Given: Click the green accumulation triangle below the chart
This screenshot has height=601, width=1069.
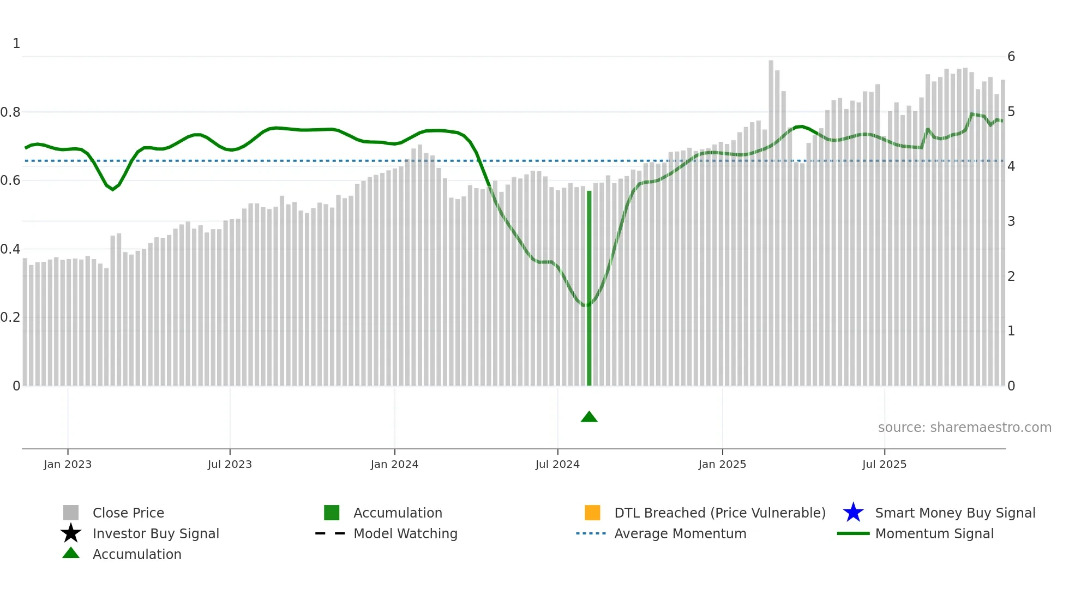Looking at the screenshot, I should (x=589, y=417).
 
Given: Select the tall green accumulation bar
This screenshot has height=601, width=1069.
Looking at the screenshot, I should (x=589, y=289).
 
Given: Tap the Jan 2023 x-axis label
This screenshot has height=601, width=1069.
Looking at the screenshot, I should (x=68, y=465).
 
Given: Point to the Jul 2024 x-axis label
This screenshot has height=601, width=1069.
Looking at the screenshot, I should (x=557, y=465).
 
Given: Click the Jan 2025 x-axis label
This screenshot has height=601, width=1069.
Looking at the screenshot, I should (x=722, y=465).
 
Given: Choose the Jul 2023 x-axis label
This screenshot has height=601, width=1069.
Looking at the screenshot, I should (x=230, y=465).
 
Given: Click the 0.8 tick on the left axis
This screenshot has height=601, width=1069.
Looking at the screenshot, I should (x=10, y=112).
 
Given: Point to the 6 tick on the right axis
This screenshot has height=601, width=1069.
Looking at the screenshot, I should (x=1011, y=57).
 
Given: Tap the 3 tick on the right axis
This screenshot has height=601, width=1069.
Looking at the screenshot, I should (x=1011, y=221).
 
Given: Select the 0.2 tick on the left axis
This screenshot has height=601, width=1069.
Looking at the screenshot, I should (x=10, y=317).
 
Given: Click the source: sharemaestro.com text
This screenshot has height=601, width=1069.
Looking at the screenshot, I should (x=964, y=428).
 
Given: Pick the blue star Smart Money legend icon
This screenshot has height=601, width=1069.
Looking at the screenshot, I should (x=853, y=513).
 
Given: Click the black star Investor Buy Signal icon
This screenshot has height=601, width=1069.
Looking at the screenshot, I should (x=71, y=533).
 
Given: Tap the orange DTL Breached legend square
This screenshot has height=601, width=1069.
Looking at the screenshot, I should (x=592, y=513).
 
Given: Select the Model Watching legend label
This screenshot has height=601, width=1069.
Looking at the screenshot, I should (x=405, y=534).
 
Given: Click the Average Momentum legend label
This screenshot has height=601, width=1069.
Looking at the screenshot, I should (x=680, y=534).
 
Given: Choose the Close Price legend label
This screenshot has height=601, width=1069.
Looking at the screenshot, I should (x=128, y=513).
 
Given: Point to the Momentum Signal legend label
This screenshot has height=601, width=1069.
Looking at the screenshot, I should (x=934, y=534).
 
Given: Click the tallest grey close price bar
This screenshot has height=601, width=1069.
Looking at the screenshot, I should (x=771, y=218).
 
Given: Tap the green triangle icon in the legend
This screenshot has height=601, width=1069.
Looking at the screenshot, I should (x=71, y=554).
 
